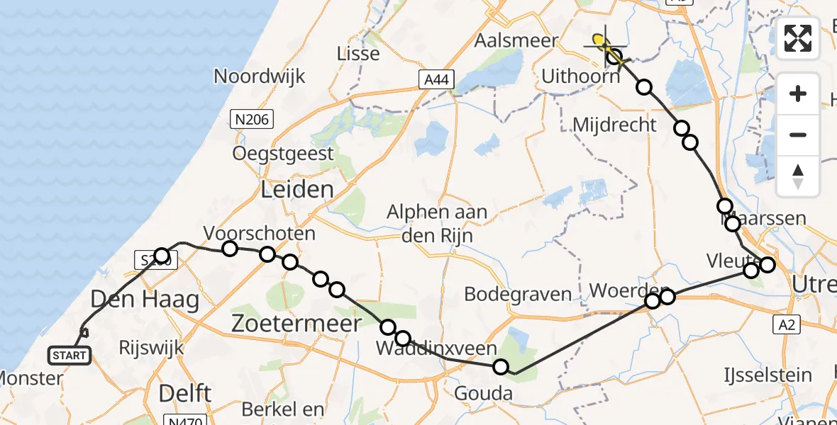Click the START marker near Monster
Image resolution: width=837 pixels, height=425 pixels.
point(70,355)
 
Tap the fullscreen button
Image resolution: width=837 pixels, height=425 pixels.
point(798,38)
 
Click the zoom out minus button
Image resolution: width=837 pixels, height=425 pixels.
point(798,135)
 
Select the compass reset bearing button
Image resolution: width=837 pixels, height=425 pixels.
point(798,176)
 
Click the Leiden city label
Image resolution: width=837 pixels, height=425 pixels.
point(297,189)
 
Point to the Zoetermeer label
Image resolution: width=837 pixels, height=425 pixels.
point(296,323)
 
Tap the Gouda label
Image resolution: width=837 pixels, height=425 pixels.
point(486,393)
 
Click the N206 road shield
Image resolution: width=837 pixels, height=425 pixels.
point(253,119)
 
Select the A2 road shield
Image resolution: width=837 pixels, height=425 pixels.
point(783,324)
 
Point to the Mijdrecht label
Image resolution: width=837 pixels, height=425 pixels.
point(614,125)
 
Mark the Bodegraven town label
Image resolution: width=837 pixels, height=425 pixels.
point(518,293)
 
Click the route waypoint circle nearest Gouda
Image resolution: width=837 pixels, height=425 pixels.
point(501,367)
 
